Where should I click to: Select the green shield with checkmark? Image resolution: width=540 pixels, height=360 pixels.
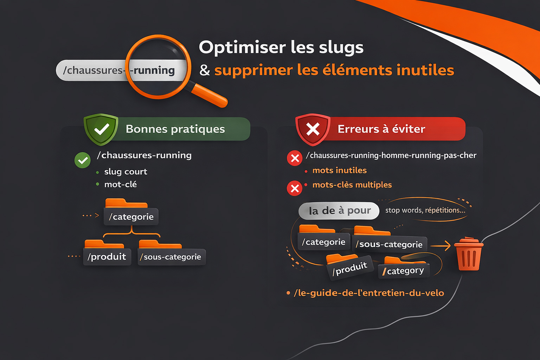pyautogui.click(x=101, y=129)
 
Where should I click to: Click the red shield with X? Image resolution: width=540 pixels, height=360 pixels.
pyautogui.click(x=313, y=129)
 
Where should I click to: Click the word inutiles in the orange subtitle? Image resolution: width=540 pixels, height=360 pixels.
pyautogui.click(x=425, y=70)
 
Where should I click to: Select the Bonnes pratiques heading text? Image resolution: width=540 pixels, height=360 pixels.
pyautogui.click(x=175, y=129)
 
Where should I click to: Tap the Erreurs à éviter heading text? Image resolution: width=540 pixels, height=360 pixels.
pyautogui.click(x=381, y=129)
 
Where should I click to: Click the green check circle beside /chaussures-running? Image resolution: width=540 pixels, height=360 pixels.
pyautogui.click(x=83, y=160)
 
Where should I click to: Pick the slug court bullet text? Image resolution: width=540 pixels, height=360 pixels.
pyautogui.click(x=126, y=172)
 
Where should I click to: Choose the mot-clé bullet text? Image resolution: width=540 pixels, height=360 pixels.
pyautogui.click(x=120, y=184)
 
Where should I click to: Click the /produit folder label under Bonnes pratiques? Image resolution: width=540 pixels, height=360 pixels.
pyautogui.click(x=107, y=257)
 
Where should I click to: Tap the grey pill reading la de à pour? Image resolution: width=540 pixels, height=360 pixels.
pyautogui.click(x=339, y=211)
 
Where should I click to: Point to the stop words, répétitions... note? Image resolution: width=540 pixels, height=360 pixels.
pyautogui.click(x=425, y=210)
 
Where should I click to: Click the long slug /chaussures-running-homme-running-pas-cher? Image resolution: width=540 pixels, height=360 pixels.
pyautogui.click(x=391, y=155)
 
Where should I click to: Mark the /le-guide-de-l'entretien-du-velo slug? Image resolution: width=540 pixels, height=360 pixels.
pyautogui.click(x=369, y=293)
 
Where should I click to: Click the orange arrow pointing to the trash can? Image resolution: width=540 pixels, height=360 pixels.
pyautogui.click(x=441, y=246)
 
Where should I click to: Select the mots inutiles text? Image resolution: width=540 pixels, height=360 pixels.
pyautogui.click(x=339, y=171)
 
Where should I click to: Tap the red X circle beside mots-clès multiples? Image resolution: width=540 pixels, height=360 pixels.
pyautogui.click(x=295, y=188)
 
